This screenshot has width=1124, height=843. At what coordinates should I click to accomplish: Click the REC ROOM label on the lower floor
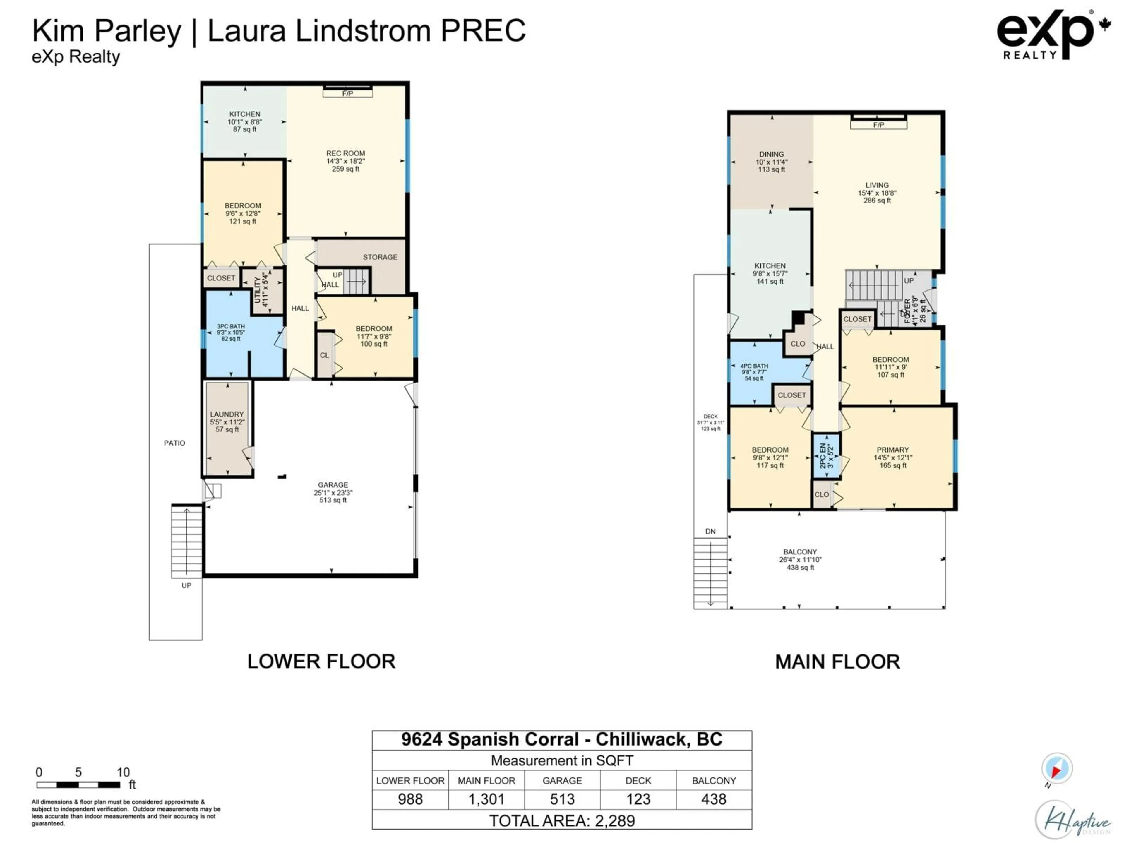[x=345, y=161]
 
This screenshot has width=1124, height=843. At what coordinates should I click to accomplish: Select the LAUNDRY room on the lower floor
[x=227, y=422]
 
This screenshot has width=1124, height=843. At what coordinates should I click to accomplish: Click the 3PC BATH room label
[x=231, y=332]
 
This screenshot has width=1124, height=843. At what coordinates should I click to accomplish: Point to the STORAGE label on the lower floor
[x=380, y=257]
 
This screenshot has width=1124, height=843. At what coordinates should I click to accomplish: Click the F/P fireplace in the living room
[x=879, y=124]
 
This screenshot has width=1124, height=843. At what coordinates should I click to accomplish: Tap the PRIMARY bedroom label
[x=893, y=457]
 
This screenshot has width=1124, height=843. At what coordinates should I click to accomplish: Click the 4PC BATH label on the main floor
[x=754, y=372]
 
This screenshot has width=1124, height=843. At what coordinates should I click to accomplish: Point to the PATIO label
[x=174, y=443]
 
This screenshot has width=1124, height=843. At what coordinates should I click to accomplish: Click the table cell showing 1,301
[x=486, y=799]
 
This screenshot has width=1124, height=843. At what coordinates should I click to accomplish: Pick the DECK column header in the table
[x=638, y=780]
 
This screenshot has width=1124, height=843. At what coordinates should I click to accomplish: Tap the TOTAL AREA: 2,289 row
[x=562, y=821]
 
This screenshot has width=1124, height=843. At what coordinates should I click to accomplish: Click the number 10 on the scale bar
[x=123, y=772]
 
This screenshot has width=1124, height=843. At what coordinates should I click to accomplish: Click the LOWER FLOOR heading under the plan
[x=321, y=662]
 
